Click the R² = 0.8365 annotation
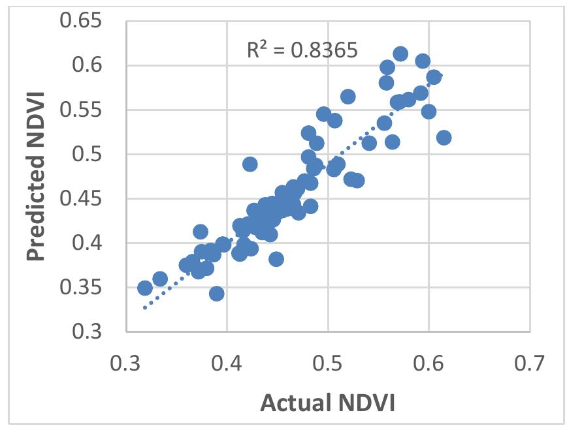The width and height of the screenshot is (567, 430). [302, 51]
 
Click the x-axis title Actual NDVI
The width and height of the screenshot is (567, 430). [327, 403]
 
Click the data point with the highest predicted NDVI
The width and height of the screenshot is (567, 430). [400, 54]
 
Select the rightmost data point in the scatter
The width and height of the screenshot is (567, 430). [444, 138]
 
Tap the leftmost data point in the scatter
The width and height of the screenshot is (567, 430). [145, 288]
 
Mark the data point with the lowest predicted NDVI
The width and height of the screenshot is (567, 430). [217, 294]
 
